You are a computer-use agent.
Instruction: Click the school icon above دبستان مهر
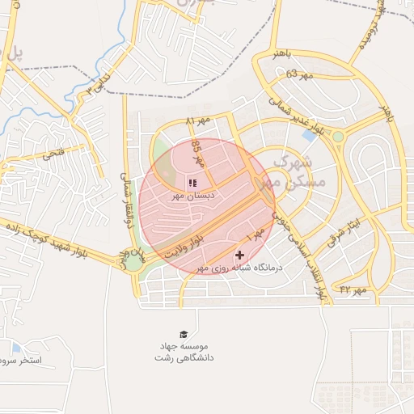coord(192,183)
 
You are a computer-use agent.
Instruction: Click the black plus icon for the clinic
coord(239,255)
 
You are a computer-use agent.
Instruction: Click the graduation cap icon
coord(184,334)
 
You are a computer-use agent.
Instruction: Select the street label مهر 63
coord(298,74)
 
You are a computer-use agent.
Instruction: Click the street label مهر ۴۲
coord(353,289)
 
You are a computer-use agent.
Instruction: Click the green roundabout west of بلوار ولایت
coord(133,261)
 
